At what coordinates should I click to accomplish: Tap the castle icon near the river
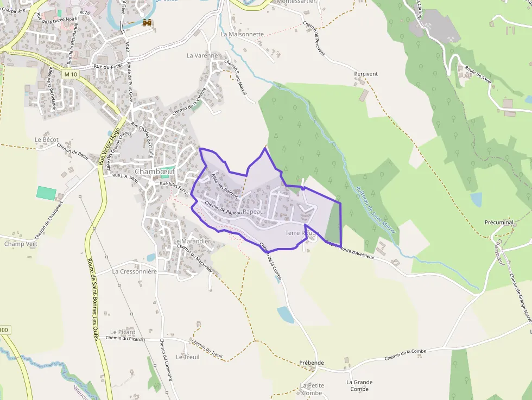point(147,22)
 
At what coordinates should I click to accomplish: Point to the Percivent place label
point(365,73)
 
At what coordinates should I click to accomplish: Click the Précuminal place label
point(499,223)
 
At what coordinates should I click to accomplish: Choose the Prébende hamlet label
point(311,363)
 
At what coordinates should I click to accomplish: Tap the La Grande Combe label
point(359,385)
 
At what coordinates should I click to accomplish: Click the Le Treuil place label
point(188,357)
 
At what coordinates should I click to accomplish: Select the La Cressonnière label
point(134,271)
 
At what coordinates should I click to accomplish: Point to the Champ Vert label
point(21,244)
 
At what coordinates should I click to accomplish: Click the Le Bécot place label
point(46,139)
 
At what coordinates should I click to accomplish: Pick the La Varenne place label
point(202,55)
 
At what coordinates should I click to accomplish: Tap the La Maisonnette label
point(243,34)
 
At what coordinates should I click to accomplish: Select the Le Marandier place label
point(192,240)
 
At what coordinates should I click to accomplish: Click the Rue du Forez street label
point(106,66)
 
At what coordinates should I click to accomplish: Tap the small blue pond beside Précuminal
point(476,200)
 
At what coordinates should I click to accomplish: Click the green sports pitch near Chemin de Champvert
point(46,193)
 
